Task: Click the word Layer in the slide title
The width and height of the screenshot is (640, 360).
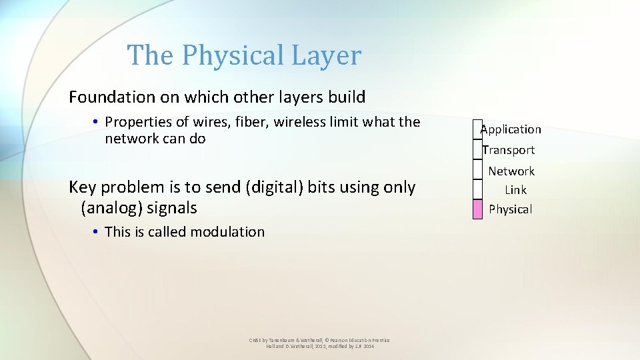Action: coord(326,55)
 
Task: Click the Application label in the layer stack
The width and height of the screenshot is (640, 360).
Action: coord(511,129)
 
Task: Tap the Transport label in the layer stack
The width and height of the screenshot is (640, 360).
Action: coord(509,150)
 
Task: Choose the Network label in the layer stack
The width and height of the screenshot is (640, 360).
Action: coord(511,171)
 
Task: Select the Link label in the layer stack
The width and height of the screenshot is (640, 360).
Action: coord(515,190)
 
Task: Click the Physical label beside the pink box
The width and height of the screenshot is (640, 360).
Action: coord(510,209)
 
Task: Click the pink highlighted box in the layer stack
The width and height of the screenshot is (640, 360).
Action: coord(477,209)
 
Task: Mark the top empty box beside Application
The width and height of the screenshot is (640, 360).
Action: coord(477,129)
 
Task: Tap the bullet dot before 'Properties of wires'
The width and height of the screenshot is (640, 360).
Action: coord(96,123)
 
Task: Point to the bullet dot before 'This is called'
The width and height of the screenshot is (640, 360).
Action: coord(96,232)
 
